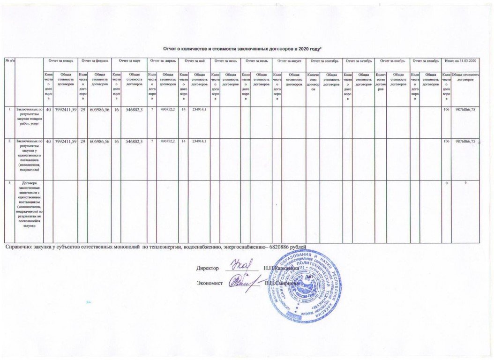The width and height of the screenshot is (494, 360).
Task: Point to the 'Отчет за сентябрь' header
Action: point(324,61)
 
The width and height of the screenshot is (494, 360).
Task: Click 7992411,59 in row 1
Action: point(65,110)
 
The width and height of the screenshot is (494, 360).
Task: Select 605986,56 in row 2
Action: point(99,141)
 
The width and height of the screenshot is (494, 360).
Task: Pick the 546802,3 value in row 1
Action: point(133,110)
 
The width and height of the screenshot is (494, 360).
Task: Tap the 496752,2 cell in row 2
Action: point(166,141)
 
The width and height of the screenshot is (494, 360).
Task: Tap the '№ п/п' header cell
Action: point(9,61)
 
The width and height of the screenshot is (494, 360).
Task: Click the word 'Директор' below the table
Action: point(208,268)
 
